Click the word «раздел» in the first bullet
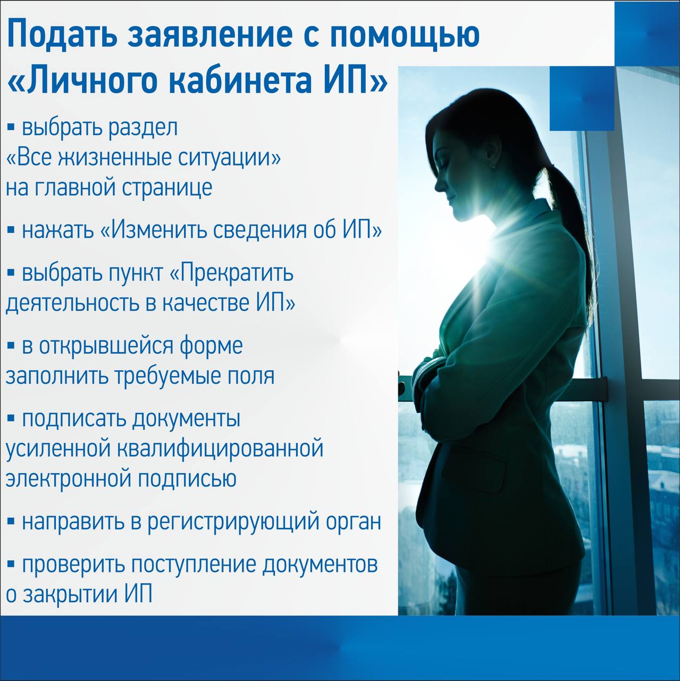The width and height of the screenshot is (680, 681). click(x=142, y=128)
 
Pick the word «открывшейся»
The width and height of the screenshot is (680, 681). click(x=105, y=347)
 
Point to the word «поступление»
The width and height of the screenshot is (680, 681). click(x=194, y=566)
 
